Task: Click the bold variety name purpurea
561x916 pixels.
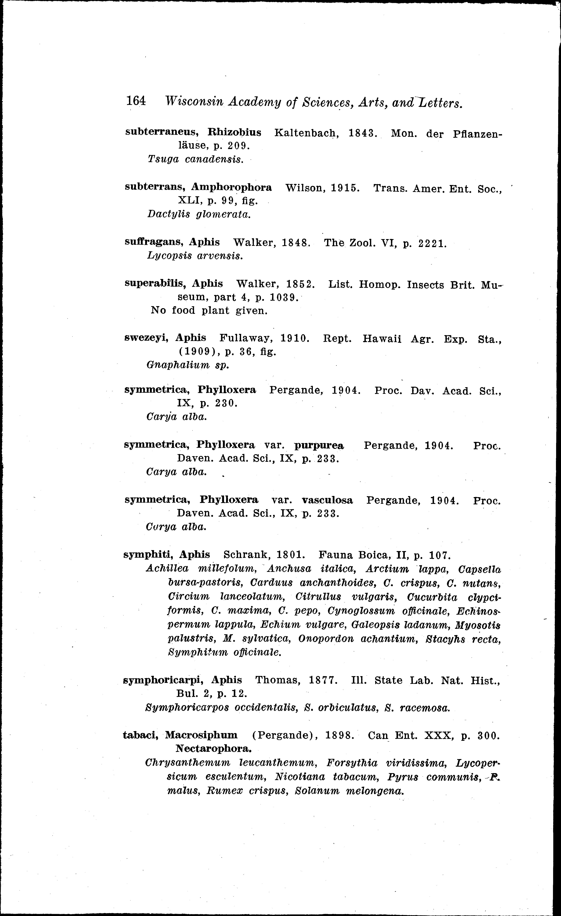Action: click(x=319, y=445)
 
